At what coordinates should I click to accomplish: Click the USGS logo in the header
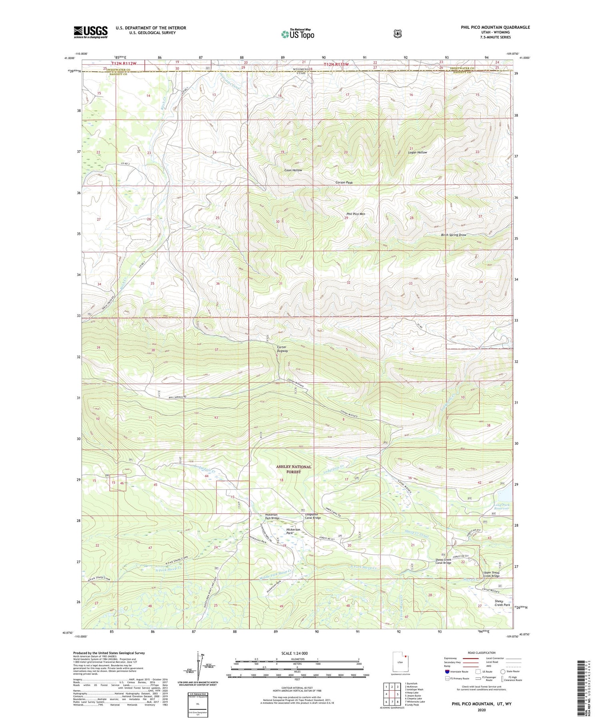point(90,32)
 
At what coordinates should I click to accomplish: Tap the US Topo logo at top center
point(298,34)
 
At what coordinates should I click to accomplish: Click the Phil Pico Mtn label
point(356,214)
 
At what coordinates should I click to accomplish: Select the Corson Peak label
point(344,182)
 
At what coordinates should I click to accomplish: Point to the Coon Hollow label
point(293,170)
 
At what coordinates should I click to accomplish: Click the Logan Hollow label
point(417,152)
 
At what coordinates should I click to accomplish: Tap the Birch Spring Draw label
point(453,235)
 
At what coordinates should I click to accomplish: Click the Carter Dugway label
point(282,349)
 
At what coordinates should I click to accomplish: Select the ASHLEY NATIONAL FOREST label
point(294,469)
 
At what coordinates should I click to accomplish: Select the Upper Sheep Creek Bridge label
point(491,574)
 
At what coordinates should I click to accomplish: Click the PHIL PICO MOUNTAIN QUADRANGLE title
point(495,27)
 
